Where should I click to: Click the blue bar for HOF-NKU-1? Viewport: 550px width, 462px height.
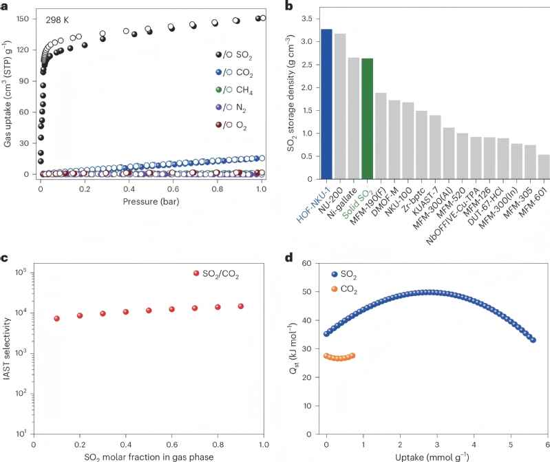coord(326,103)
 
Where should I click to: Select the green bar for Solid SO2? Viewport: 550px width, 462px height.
coord(367,118)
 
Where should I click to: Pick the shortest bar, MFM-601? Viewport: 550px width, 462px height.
coord(544,165)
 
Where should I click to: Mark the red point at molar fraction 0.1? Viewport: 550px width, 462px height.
coord(56,319)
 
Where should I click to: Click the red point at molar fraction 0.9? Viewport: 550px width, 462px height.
coord(241,306)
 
